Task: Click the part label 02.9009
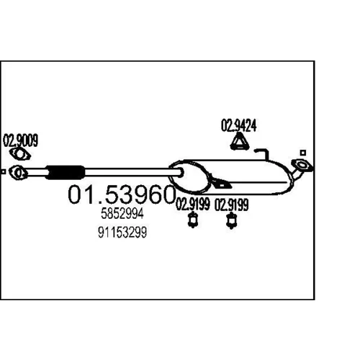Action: coord(20,140)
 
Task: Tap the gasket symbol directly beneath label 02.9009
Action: coord(19,154)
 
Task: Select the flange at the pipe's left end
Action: coord(18,173)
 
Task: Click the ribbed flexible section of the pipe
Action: coord(65,172)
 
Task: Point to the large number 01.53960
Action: coord(122,194)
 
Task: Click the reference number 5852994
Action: coord(122,214)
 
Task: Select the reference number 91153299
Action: coord(122,233)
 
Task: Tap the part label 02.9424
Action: coord(239,125)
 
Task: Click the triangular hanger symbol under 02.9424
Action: coord(239,142)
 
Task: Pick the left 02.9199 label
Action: coord(193,204)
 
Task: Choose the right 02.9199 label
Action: coord(231,204)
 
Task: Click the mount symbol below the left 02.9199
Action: coord(192,220)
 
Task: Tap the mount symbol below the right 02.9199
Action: coord(232,220)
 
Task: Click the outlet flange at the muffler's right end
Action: coord(302,166)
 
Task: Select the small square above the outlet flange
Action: coord(303,153)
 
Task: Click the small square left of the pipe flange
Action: coord(3,172)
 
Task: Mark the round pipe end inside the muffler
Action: coord(180,172)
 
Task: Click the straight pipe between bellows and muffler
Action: coord(131,172)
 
